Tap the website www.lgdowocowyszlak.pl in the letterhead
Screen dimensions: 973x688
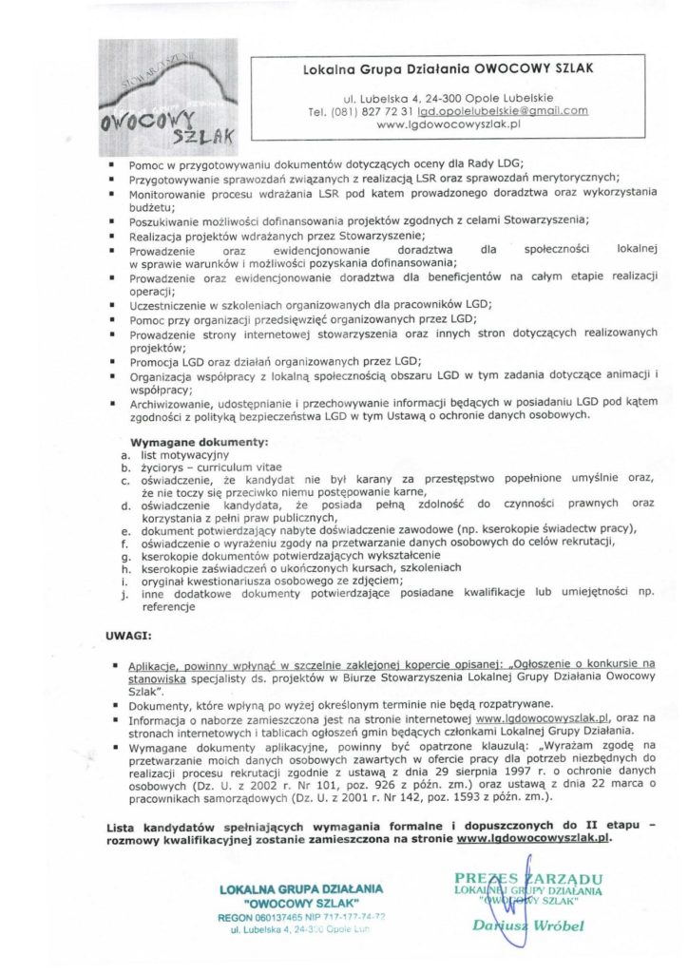click(451, 124)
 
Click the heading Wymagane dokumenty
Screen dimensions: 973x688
click(200, 442)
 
